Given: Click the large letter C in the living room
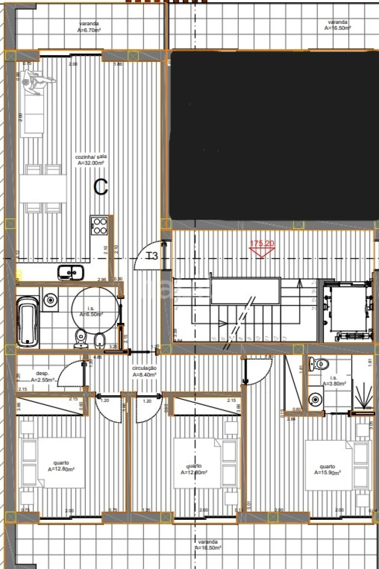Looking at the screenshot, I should pyautogui.click(x=101, y=187).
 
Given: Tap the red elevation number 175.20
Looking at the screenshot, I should pyautogui.click(x=262, y=244).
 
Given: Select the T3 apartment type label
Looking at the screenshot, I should pyautogui.click(x=152, y=255).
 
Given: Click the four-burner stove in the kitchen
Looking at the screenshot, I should pyautogui.click(x=99, y=225).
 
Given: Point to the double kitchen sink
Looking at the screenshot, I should pyautogui.click(x=70, y=273).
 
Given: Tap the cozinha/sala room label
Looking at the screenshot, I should pyautogui.click(x=90, y=160).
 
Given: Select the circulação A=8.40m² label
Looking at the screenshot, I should pyautogui.click(x=144, y=371).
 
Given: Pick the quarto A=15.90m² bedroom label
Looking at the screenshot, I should pyautogui.click(x=327, y=469).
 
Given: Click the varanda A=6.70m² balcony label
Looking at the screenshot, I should pyautogui.click(x=88, y=27).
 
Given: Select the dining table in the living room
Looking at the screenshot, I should pyautogui.click(x=43, y=189).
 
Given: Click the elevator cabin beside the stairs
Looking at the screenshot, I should pyautogui.click(x=348, y=311).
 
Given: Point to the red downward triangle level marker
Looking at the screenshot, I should pyautogui.click(x=260, y=252).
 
